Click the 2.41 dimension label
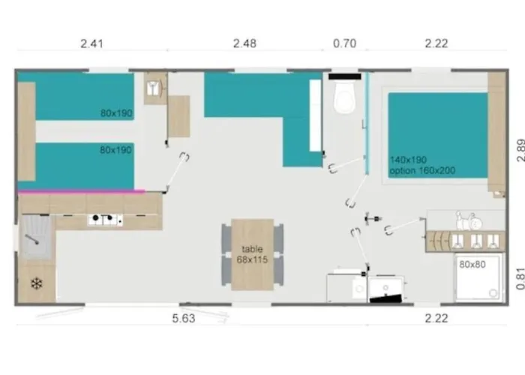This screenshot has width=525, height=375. point(91,43)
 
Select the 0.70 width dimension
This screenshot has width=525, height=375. point(344,43)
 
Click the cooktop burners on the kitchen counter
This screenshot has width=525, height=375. point(105,220)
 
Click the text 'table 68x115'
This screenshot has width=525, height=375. point(252,254)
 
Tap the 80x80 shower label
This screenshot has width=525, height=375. point(472,264)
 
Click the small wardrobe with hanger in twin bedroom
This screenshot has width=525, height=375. point(155,88)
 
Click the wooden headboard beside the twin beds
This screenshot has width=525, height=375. point(26,131)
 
